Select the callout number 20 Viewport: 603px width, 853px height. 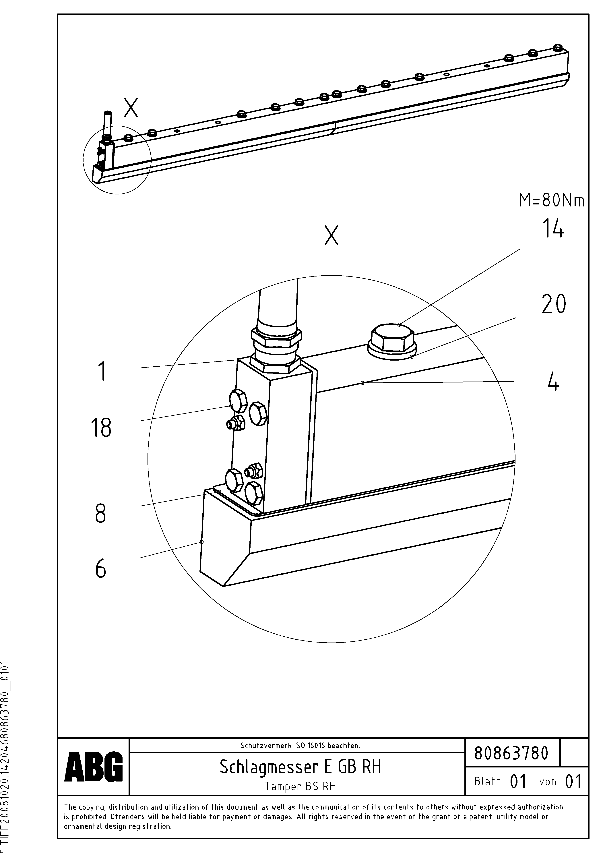[x=553, y=304]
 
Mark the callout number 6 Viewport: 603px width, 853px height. [x=101, y=568]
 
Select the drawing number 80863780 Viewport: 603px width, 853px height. [x=511, y=753]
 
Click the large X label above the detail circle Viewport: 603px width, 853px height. [x=331, y=235]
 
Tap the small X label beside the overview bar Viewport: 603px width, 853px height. [x=131, y=107]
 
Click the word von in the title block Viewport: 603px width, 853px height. [x=548, y=782]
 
